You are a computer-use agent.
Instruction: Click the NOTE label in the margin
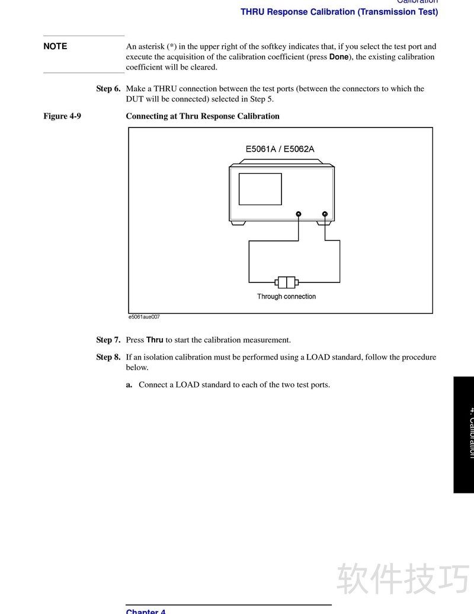pos(55,46)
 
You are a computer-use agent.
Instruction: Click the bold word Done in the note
pos(339,57)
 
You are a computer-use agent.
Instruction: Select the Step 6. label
pos(108,89)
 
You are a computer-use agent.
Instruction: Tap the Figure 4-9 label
pos(62,116)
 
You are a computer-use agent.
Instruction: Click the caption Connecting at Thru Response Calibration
pos(203,116)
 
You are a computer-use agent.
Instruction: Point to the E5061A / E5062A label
pos(280,149)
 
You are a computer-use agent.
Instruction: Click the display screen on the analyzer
pos(260,189)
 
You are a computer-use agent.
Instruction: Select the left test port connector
pos(299,214)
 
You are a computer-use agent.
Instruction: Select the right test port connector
pos(325,214)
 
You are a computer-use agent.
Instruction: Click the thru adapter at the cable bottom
pos(286,282)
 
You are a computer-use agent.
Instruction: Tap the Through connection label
pos(286,297)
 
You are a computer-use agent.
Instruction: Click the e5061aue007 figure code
pos(144,317)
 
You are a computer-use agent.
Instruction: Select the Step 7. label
pos(108,341)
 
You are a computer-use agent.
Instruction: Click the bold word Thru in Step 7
pos(155,341)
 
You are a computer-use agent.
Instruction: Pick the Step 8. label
pos(108,357)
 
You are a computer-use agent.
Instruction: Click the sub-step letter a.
pos(129,385)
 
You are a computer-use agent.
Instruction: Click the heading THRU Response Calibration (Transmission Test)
pos(339,12)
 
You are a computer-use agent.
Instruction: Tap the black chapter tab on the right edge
pos(464,434)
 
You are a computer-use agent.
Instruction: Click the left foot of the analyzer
pos(238,223)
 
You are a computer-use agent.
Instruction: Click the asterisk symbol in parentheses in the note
pos(172,46)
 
